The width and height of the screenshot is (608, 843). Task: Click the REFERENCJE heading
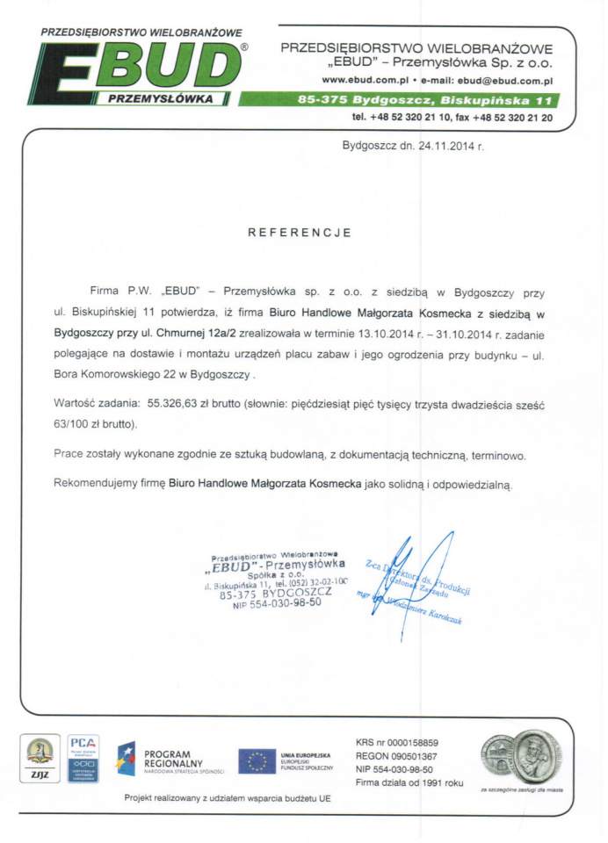click(300, 233)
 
